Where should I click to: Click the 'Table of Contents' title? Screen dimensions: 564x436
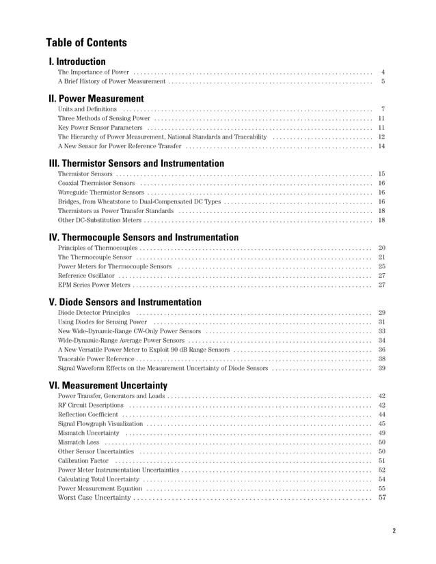click(x=86, y=42)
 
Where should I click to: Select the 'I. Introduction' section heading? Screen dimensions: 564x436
click(x=77, y=61)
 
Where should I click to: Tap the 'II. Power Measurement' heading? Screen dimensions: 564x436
click(x=96, y=98)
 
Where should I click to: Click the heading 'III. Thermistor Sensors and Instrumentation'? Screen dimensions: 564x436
click(x=137, y=163)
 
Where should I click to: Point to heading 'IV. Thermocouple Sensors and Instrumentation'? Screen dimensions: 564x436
click(x=144, y=237)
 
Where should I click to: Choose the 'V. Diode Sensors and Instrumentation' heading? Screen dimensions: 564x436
click(x=125, y=302)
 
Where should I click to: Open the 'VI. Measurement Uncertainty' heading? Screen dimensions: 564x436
click(x=108, y=385)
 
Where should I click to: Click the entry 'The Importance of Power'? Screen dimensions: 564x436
click(x=93, y=72)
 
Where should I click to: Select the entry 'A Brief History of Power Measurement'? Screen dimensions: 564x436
click(x=111, y=82)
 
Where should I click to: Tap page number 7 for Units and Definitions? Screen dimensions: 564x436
click(x=383, y=109)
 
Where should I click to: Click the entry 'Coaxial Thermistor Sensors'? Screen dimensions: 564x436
click(x=96, y=184)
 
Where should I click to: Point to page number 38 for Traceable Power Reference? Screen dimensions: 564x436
click(x=382, y=358)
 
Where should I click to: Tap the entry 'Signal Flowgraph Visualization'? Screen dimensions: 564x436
click(x=100, y=424)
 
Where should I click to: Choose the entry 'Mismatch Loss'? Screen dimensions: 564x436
click(x=79, y=442)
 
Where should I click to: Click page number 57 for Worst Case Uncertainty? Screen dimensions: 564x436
click(x=382, y=498)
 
